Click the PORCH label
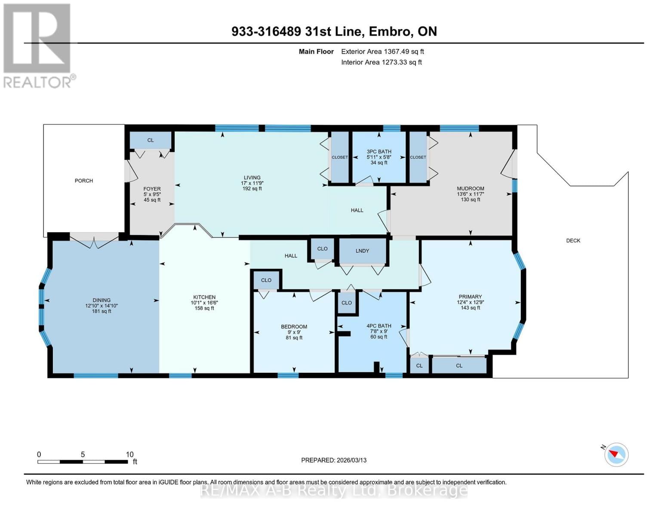pos(83,181)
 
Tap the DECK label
pos(573,240)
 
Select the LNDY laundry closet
pos(362,251)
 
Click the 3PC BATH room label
pos(379,151)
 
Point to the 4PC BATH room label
pos(379,326)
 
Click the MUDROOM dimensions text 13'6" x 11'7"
pos(470,194)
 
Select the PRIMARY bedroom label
pos(470,297)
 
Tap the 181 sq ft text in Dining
pos(102,311)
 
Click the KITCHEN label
pos(204,297)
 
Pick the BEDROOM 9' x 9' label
pos(294,327)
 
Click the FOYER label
pos(152,189)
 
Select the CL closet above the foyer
pos(151,140)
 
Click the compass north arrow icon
pos(616,454)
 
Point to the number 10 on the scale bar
pos(129,455)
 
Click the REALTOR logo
pos(38,45)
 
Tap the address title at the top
pos(334,31)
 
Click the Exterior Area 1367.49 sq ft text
pos(382,52)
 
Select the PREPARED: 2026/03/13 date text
pos(334,460)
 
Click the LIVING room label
pos(252,178)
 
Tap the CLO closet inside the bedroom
pos(266,280)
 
